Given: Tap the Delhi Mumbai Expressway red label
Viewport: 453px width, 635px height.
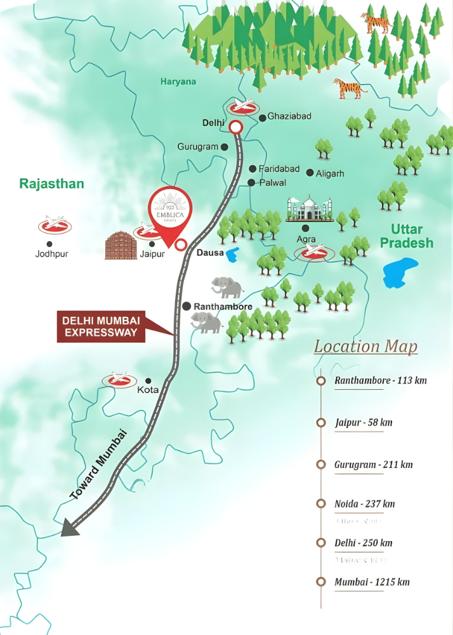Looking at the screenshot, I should [x=100, y=325].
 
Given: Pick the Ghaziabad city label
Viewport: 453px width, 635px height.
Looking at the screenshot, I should [x=289, y=116].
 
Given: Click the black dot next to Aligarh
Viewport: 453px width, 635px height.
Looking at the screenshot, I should [x=310, y=173].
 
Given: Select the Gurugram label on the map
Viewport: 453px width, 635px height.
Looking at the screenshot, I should [x=198, y=147].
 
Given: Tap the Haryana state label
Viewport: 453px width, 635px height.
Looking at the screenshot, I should [x=178, y=81].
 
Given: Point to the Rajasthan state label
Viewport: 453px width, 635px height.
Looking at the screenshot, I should [x=51, y=184].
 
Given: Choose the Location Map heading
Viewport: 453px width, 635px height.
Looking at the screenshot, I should [x=365, y=346].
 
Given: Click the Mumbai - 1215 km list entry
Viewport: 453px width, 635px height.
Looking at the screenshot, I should [x=371, y=582].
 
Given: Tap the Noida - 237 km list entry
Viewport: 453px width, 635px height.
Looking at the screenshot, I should [x=364, y=504].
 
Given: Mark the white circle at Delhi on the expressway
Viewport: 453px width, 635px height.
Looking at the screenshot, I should [x=235, y=127].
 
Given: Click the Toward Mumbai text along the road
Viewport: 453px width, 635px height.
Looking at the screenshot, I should [x=99, y=465].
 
